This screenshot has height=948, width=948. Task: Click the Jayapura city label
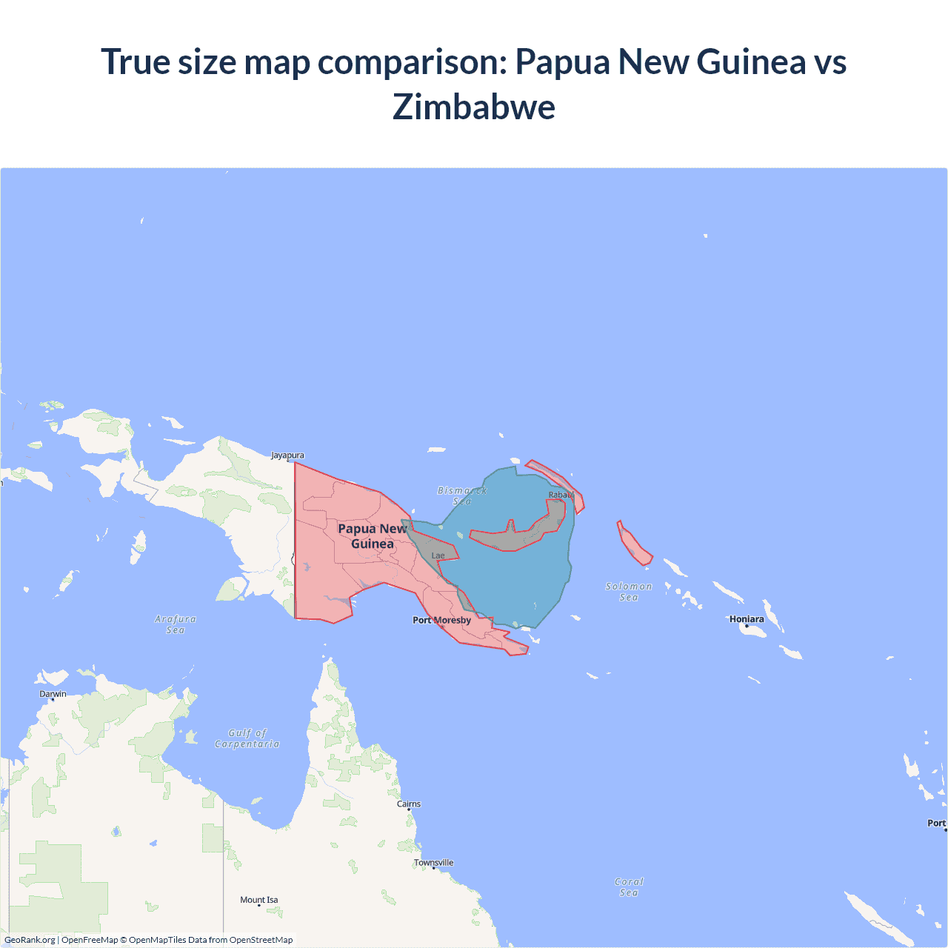287,455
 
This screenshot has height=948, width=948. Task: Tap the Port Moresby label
441,620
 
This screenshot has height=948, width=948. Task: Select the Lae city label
438,555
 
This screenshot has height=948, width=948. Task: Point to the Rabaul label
561,495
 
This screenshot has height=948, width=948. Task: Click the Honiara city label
747,619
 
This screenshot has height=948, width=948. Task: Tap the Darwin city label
53,694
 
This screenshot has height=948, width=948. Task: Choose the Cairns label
409,804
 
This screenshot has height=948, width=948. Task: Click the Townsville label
434,862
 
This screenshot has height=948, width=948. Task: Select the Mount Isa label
259,900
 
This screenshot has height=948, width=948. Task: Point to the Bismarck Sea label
461,495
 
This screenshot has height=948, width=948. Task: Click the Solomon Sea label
629,592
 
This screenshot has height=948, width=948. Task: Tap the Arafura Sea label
176,624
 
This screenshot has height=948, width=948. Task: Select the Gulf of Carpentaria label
247,738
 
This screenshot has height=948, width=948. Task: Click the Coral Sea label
629,887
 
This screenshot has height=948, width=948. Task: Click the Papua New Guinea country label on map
373,535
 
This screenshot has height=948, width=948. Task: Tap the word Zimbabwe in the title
474,107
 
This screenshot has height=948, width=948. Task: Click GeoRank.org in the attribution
30,940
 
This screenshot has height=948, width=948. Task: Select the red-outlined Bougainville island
634,543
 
